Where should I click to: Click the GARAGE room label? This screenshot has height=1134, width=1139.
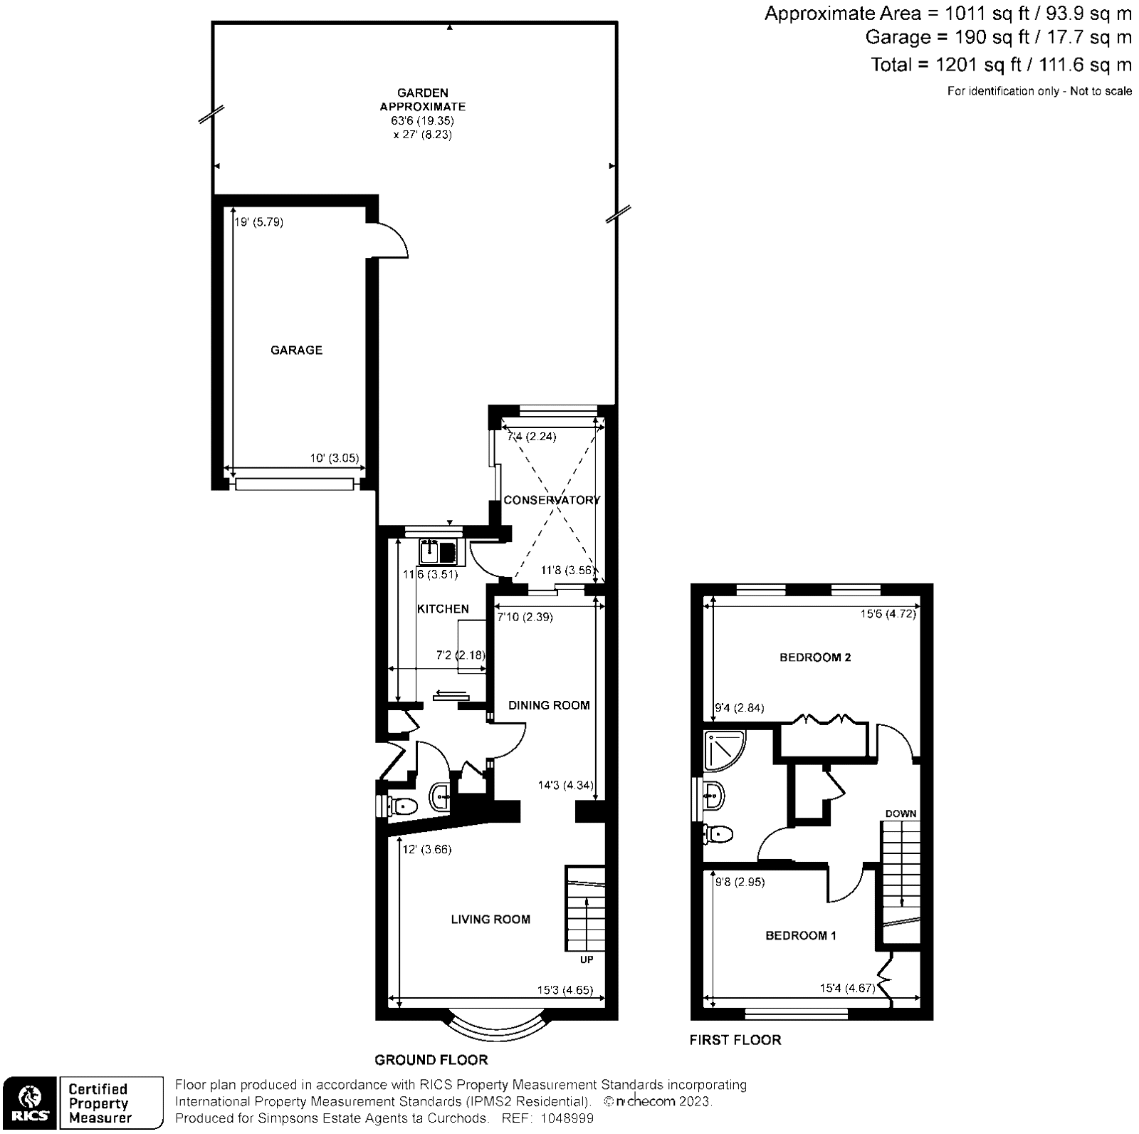pos(296,350)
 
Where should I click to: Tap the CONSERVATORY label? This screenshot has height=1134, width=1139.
pos(552,500)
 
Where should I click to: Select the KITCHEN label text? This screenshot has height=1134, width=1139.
pos(443,609)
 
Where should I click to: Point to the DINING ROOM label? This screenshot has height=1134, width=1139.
pos(549,705)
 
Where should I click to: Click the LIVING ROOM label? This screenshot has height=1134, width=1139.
pos(490,920)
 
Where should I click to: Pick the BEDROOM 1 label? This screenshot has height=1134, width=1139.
pos(801,935)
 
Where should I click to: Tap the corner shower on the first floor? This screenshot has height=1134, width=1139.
pos(723,751)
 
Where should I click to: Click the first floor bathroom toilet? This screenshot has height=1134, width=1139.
pos(718,833)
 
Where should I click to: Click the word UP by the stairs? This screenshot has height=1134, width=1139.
pos(587,959)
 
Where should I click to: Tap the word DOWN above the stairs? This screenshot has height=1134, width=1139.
pos(901,813)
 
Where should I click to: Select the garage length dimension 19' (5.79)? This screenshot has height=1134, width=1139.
pos(259,222)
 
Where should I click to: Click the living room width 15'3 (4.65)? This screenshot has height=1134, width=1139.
pos(565,990)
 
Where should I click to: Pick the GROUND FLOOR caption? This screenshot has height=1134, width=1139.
pos(431,1060)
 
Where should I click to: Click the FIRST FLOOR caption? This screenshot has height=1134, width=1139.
pos(735,1040)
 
